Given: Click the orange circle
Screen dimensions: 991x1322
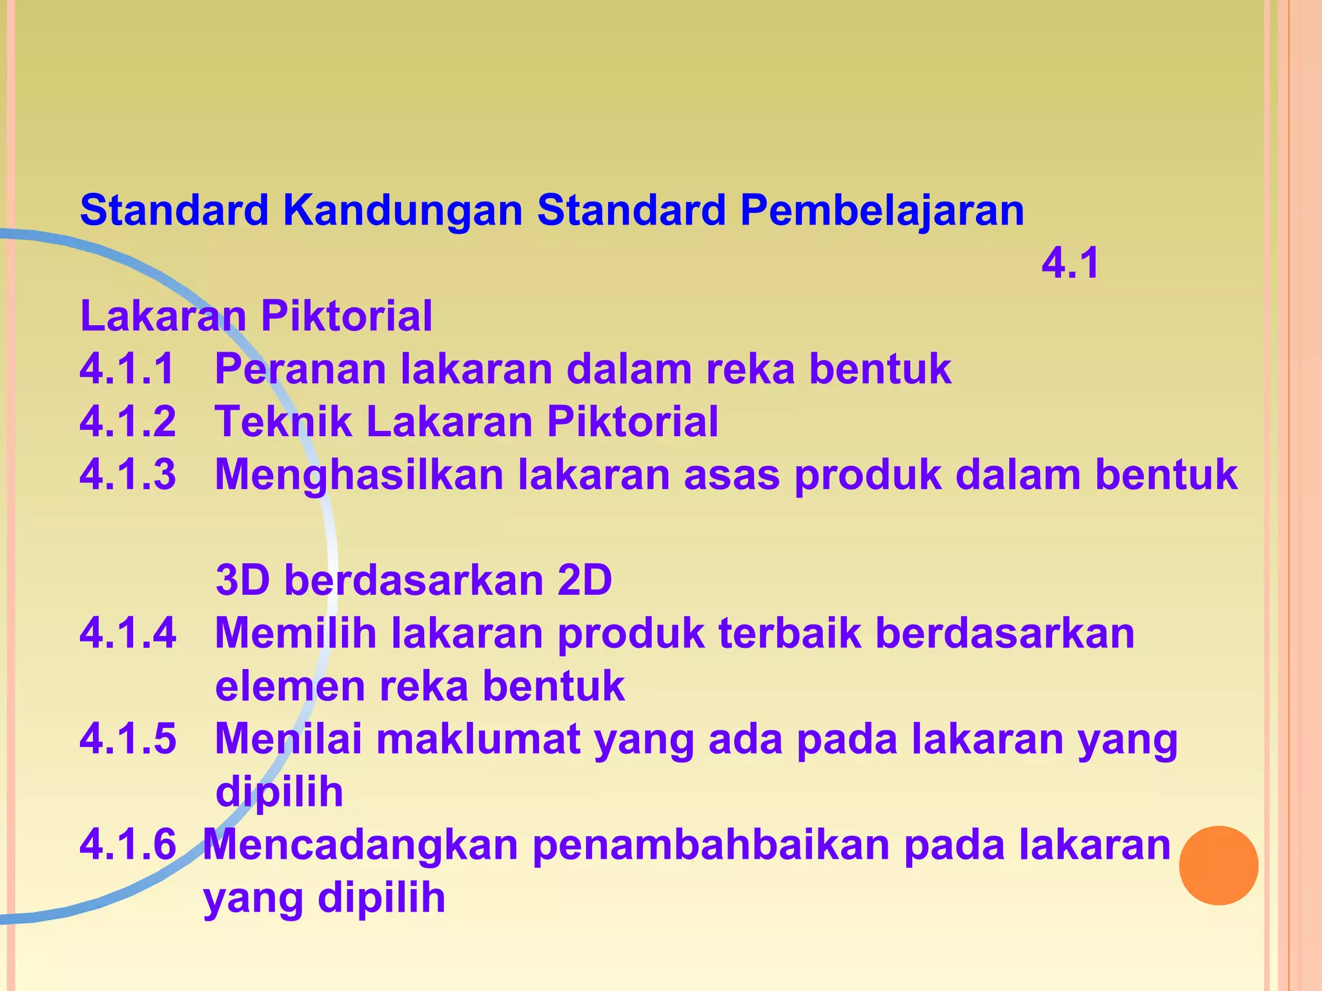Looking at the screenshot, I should [x=1218, y=865].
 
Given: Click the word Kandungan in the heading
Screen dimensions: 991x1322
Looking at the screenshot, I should [x=402, y=210].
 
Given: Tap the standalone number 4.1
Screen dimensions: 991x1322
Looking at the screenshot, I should [x=1070, y=263].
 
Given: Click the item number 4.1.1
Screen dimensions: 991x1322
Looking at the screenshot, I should [x=128, y=369].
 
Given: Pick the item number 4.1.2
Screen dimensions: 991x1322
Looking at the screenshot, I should [x=128, y=422].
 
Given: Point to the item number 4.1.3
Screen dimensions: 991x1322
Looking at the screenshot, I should [x=128, y=475].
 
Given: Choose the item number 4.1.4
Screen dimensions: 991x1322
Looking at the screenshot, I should [x=128, y=633].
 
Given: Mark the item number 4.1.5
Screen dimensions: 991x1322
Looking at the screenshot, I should [x=128, y=739].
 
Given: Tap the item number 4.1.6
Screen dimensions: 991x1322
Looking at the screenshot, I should [x=128, y=845].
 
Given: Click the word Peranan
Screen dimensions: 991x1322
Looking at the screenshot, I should [x=300, y=369].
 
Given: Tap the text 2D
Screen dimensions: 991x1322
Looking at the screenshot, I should [x=584, y=580].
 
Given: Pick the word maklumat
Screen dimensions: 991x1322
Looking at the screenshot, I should [x=478, y=739].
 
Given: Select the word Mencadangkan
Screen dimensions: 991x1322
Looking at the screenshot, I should [x=361, y=845].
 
